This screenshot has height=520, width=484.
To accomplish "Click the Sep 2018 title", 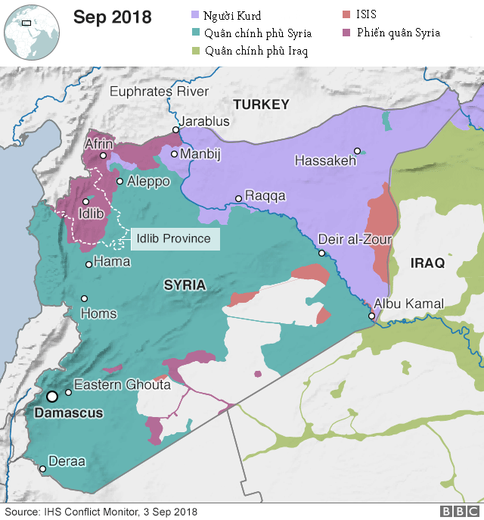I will [x=112, y=17].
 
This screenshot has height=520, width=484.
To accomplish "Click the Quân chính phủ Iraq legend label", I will [x=256, y=51].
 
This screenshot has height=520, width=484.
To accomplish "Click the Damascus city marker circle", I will [x=52, y=396].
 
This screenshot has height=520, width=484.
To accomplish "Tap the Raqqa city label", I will [x=265, y=196].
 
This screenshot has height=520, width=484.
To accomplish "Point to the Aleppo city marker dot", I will [x=120, y=181].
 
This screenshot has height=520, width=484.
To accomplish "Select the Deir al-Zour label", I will [x=355, y=239].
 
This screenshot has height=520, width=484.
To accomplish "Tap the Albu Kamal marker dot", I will [x=371, y=316].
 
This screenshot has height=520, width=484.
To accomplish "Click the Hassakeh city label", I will [x=324, y=161].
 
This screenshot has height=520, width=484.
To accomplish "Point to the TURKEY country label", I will [x=261, y=104].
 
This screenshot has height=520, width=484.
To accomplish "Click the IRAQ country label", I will [x=429, y=263].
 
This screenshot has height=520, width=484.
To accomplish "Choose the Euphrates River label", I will [x=159, y=92].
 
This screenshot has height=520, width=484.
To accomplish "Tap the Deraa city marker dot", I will [x=42, y=469].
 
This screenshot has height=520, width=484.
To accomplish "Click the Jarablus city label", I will [x=203, y=121].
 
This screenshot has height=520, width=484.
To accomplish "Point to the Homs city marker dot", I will [x=85, y=298].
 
